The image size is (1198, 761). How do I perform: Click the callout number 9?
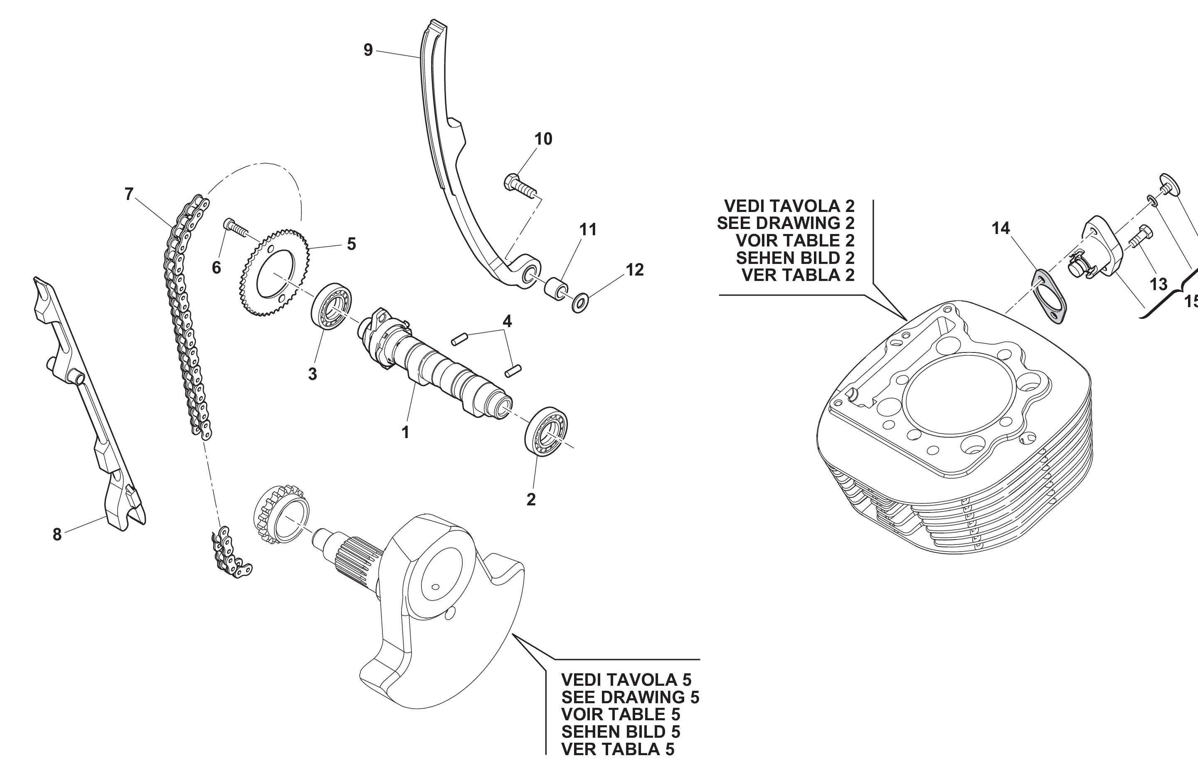pyautogui.click(x=368, y=50)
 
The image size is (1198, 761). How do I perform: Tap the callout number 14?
pyautogui.click(x=1001, y=228)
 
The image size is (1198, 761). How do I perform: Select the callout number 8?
pyautogui.click(x=57, y=534)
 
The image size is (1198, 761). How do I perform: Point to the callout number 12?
pyautogui.click(x=635, y=270)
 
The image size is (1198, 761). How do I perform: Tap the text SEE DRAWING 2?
pyautogui.click(x=786, y=223)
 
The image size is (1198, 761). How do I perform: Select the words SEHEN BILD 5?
pyautogui.click(x=620, y=731)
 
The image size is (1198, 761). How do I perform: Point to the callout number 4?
pyautogui.click(x=507, y=321)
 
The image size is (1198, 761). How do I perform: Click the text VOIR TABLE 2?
pyautogui.click(x=795, y=241)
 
